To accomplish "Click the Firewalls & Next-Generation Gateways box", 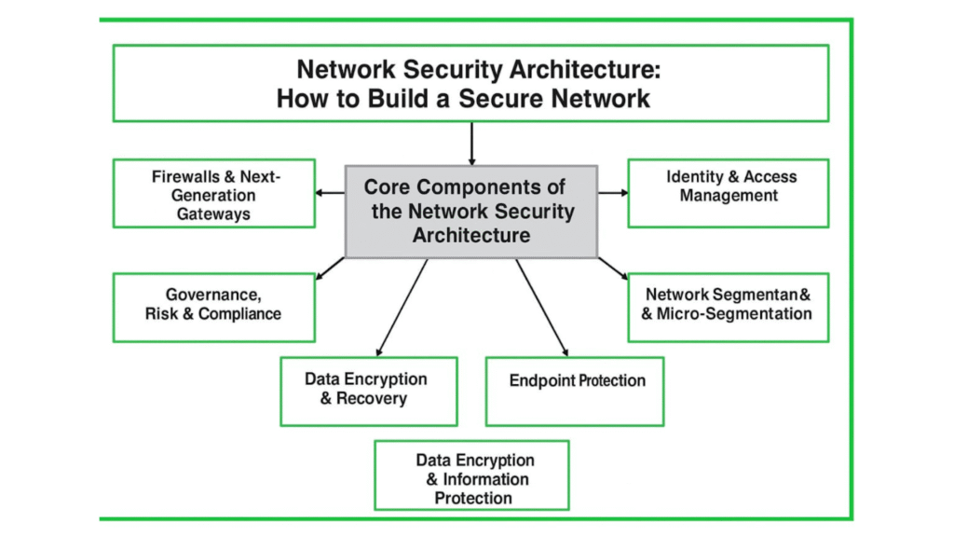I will click(x=213, y=193).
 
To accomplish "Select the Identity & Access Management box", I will click(x=728, y=193).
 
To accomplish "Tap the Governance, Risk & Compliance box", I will click(x=213, y=307).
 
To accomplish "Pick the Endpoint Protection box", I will click(x=575, y=391).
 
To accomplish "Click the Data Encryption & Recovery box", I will click(x=369, y=391).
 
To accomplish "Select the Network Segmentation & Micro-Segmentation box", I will click(x=728, y=307).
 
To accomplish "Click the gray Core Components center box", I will click(x=471, y=212).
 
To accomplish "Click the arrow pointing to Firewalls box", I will click(x=330, y=193).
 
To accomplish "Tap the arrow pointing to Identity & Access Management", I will click(x=612, y=193).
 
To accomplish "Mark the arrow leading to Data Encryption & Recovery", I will click(x=402, y=308).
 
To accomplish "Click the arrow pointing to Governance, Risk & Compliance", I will click(x=330, y=268).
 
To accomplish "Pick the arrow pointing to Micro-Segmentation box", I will click(x=612, y=268).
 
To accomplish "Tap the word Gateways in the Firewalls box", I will click(x=213, y=213).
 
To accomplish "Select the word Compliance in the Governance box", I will click(x=239, y=314).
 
